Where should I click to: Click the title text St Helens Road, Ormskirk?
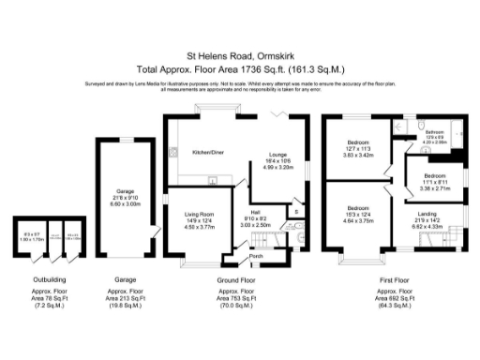tap(240, 54)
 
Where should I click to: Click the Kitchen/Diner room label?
tap(207, 151)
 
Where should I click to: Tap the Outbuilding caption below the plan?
tap(40, 279)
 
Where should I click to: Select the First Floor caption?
tap(395, 279)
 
